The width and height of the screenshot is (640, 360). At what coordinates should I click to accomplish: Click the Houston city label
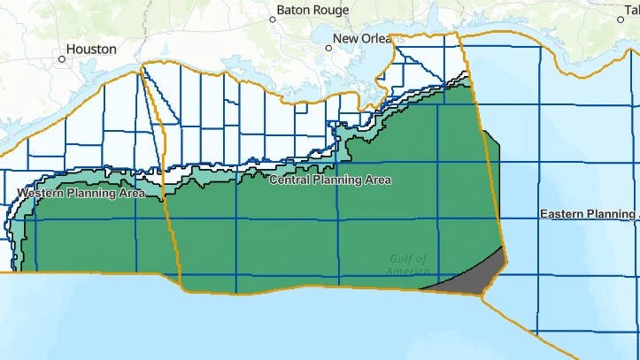92,50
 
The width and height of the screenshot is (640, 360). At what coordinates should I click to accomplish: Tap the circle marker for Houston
62,59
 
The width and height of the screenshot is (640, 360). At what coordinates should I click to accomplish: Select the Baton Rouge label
312,11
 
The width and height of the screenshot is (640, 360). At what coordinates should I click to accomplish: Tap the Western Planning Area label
81,192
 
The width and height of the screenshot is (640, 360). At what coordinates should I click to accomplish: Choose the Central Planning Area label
328,180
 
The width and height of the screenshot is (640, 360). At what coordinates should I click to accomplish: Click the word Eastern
562,215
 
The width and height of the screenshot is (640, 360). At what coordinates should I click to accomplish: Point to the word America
407,271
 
